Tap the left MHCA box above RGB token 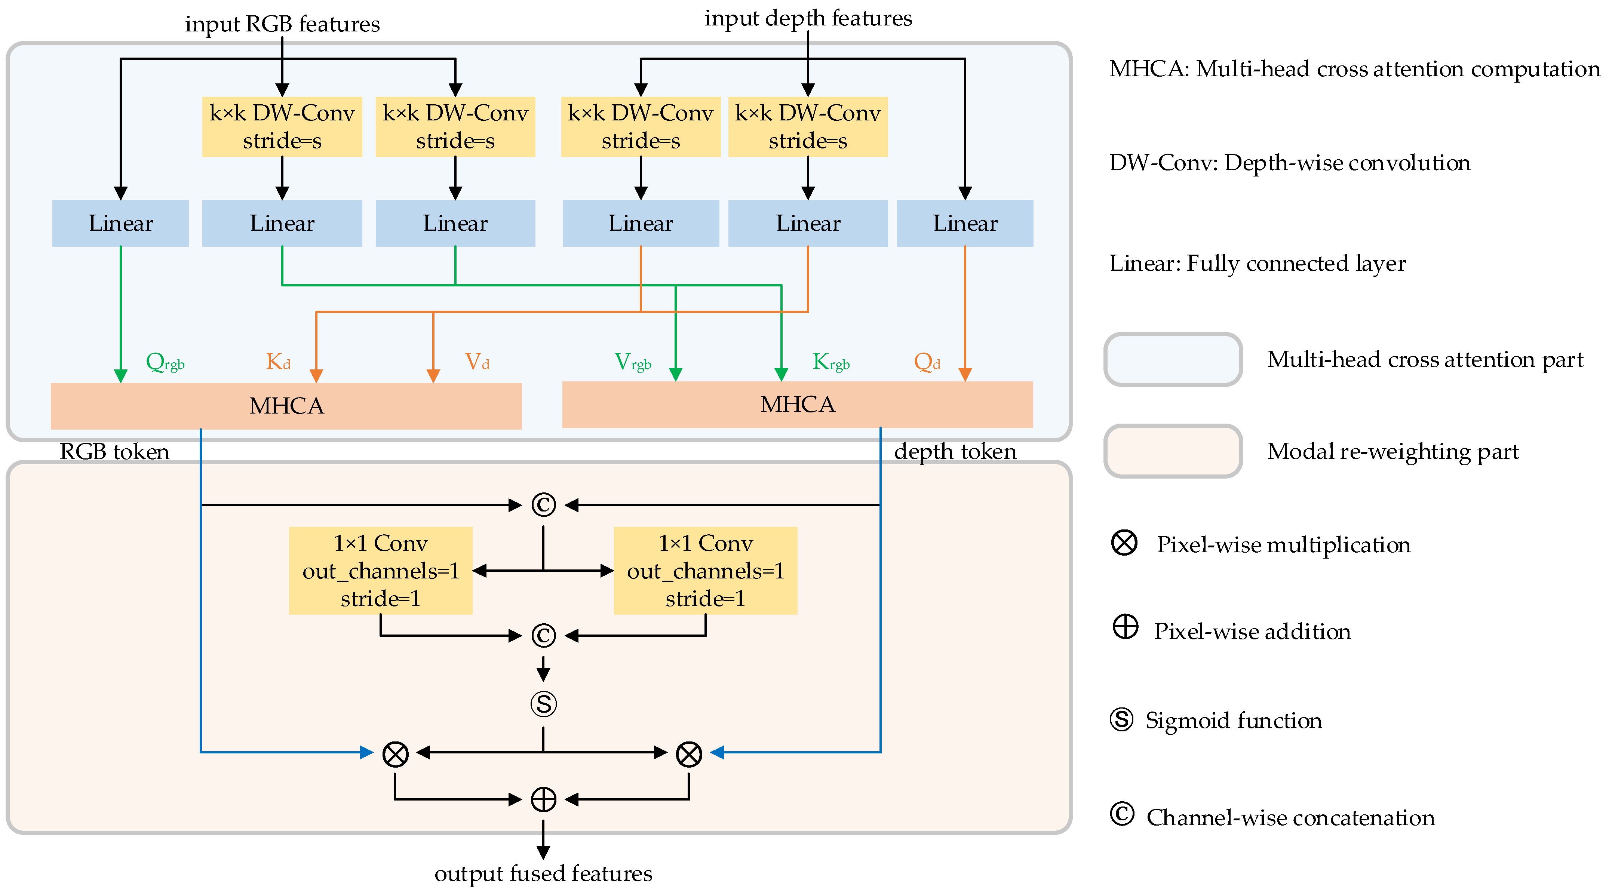286,406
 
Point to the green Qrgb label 165,362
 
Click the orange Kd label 278,362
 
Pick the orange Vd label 477,362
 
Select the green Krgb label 831,362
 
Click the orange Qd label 927,362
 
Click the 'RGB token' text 114,452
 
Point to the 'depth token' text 955,451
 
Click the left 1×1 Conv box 380,570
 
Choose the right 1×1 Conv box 705,570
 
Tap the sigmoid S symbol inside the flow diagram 543,704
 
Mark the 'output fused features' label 543,873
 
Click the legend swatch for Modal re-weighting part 1173,451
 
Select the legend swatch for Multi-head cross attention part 1173,360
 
